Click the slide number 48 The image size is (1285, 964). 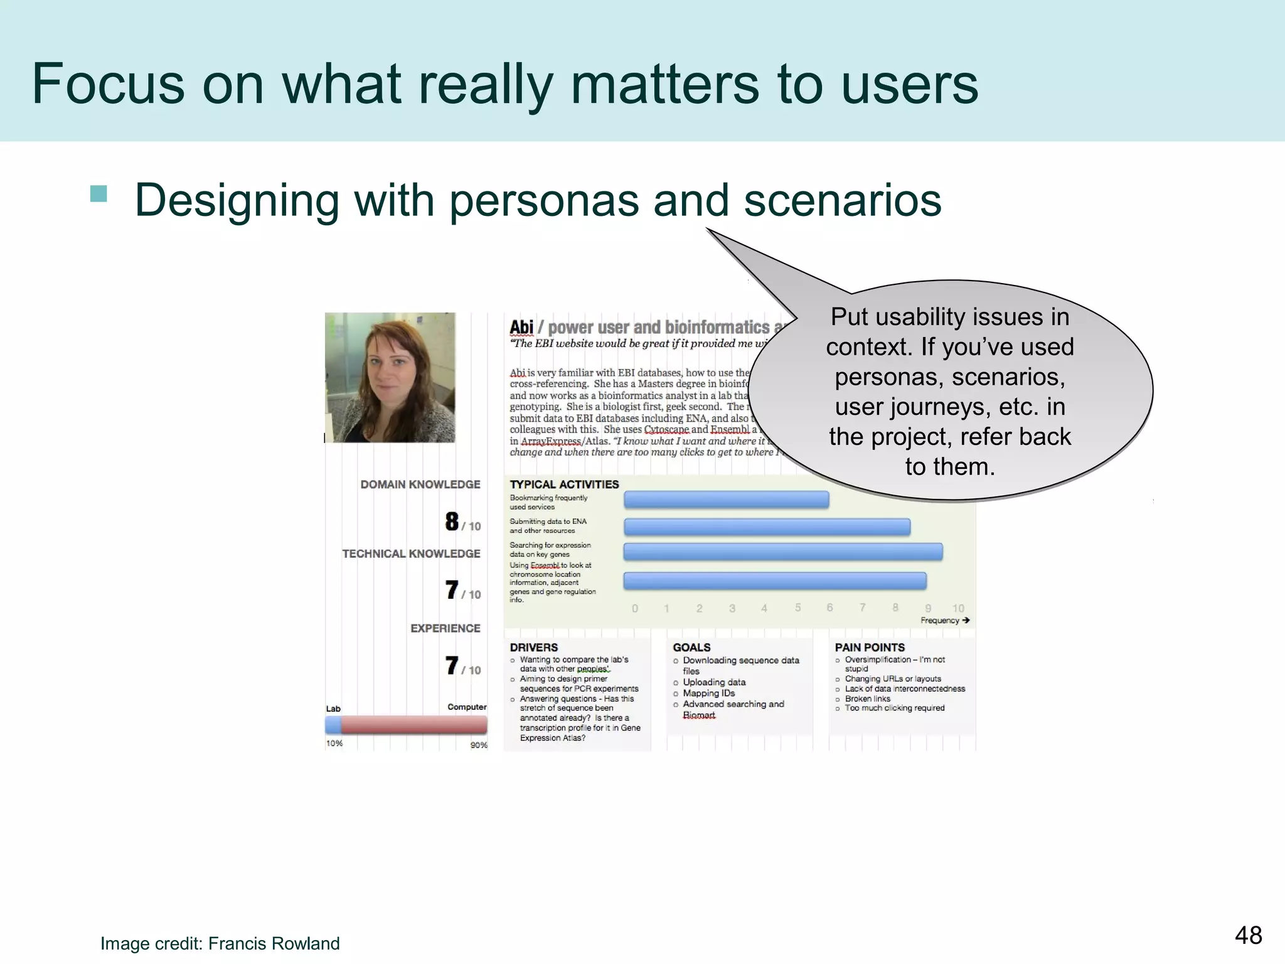[1248, 935]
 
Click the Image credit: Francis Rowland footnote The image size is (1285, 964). [220, 943]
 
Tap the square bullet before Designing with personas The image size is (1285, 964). [99, 193]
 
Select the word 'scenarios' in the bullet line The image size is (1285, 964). [842, 200]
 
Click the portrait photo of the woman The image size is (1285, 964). [390, 377]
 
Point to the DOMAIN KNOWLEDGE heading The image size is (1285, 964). [420, 485]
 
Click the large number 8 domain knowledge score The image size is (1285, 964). [452, 522]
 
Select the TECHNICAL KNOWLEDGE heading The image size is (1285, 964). [411, 554]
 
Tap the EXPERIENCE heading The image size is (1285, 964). [445, 628]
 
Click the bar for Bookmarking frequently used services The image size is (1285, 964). [726, 500]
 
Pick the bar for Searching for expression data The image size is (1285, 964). [782, 552]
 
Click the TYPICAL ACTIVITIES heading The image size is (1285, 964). [564, 485]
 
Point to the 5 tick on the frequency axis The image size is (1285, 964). [797, 608]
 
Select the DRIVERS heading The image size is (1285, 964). [533, 647]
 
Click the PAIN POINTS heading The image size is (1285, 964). [869, 647]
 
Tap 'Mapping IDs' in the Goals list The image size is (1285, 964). [708, 693]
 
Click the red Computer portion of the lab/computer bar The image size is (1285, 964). [414, 725]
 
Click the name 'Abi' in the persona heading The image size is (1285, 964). [521, 327]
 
